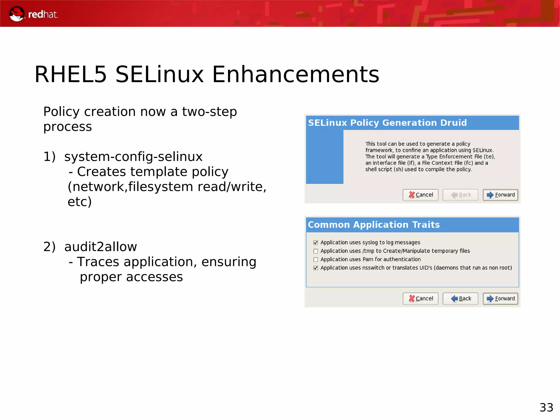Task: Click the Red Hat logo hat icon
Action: coord(16,14)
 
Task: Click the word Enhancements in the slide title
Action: coord(296,74)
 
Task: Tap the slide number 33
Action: coord(546,408)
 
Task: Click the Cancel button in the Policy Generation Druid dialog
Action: coord(420,195)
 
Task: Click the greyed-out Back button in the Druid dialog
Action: coord(460,195)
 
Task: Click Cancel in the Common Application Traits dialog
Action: coord(420,299)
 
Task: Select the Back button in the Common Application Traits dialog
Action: coord(460,299)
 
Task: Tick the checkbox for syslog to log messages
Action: coord(316,243)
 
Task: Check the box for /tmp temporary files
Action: coord(316,251)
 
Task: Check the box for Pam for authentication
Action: coord(316,259)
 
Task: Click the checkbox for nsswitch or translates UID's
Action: coord(316,268)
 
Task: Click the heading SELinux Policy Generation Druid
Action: coord(387,123)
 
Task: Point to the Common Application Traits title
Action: coord(374,225)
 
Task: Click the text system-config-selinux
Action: coord(133,157)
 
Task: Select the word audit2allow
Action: coord(100,247)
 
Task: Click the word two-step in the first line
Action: coord(209,112)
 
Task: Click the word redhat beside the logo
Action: coord(43,14)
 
